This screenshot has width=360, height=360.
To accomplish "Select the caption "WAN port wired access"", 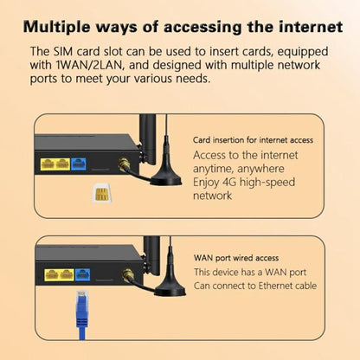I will (x=235, y=257).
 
